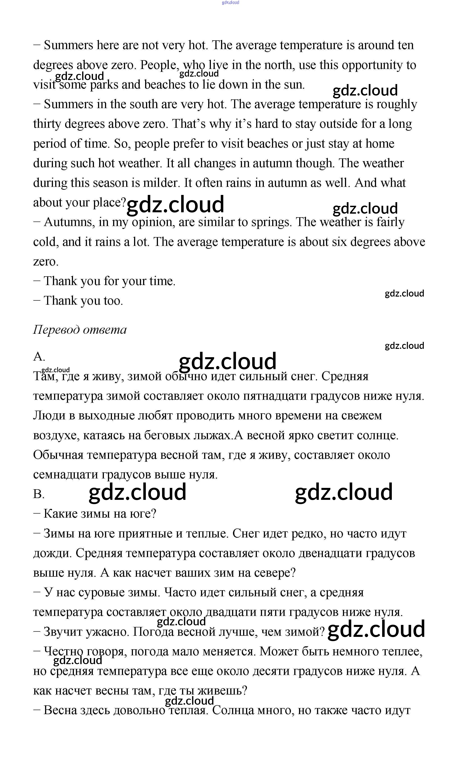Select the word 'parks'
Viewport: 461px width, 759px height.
(x=104, y=85)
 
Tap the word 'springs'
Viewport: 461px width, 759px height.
(x=271, y=222)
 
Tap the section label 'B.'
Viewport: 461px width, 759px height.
(x=39, y=494)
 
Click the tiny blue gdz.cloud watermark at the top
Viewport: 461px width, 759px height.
(x=230, y=3)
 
